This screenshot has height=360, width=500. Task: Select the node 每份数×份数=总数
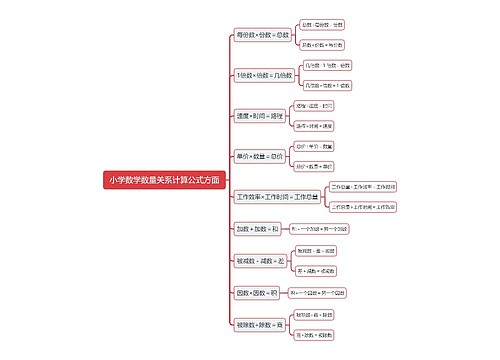(263, 34)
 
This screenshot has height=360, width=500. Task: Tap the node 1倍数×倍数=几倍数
(263, 75)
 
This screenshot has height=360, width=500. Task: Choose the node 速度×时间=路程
(256, 115)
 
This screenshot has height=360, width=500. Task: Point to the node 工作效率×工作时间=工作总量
(278, 197)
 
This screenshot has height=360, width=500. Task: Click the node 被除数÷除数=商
(258, 324)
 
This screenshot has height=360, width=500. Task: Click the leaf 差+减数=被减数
(316, 270)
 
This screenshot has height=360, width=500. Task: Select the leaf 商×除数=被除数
(316, 335)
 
